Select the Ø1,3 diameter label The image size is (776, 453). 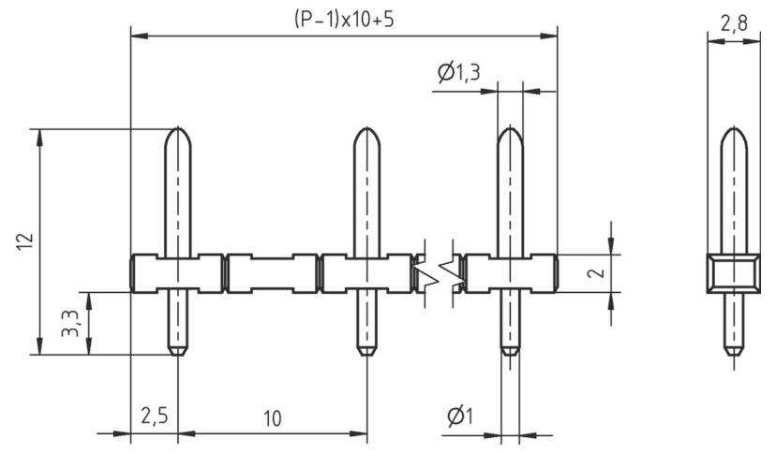click(458, 73)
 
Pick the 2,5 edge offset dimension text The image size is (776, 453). click(153, 416)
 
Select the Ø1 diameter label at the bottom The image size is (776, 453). click(458, 416)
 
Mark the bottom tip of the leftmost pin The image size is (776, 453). click(178, 352)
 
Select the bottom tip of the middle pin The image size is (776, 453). click(366, 352)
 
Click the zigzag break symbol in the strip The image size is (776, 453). click(439, 272)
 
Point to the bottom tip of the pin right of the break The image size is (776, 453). click(509, 352)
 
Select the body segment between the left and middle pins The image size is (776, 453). click(272, 273)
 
